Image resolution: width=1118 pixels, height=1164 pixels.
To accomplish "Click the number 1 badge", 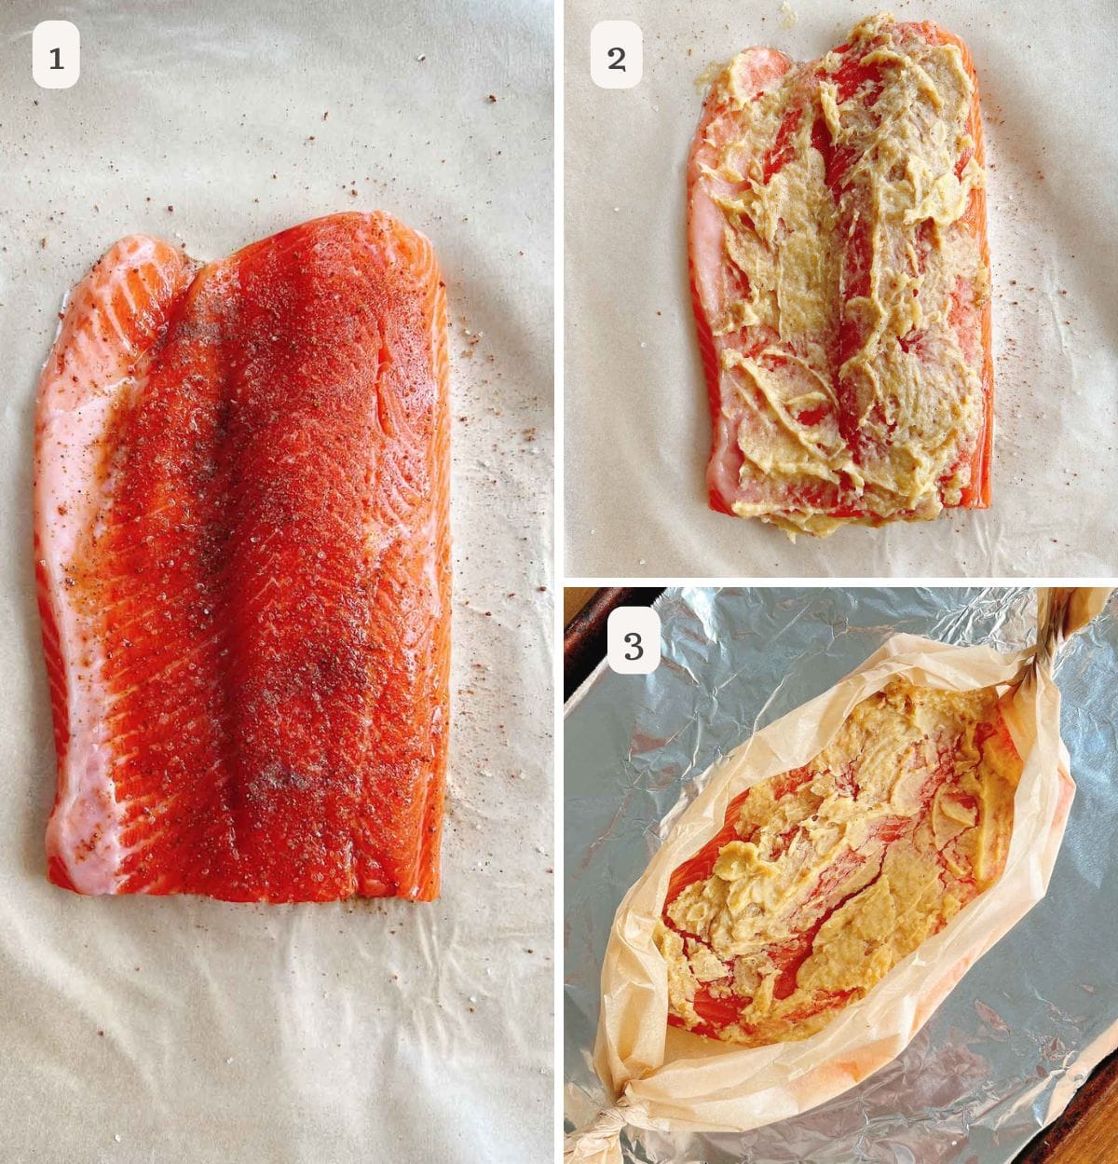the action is [56, 54].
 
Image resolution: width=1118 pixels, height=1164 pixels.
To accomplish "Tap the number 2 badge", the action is [617, 54].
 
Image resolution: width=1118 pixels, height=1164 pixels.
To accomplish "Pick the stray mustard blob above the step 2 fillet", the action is [788, 13].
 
